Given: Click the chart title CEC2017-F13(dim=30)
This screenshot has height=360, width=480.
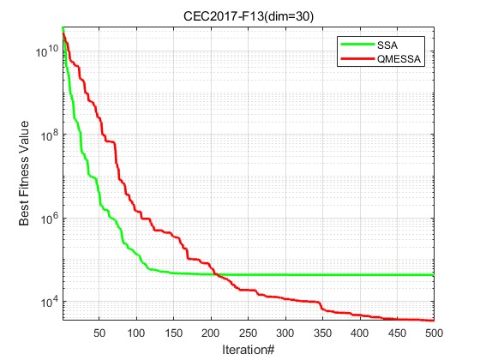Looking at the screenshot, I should tap(247, 15).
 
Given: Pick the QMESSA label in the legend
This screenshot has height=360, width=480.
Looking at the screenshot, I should tap(409, 58).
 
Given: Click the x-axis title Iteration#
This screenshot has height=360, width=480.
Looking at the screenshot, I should tap(247, 349).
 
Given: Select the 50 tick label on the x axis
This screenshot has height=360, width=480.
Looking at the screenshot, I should tap(99, 333).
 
